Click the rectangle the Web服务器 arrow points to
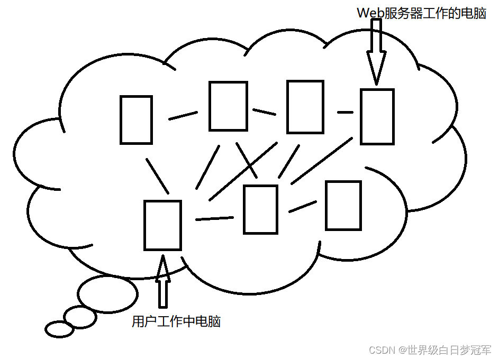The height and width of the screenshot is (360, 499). click(377, 116)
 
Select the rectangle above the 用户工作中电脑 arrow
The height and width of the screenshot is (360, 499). click(162, 225)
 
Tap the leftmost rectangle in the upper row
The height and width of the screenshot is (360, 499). click(136, 119)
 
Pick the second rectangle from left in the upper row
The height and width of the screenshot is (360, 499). click(228, 106)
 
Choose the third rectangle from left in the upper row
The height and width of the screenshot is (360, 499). click(305, 106)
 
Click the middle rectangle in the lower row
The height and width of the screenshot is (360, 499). click(260, 209)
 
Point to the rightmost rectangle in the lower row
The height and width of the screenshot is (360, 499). click(343, 205)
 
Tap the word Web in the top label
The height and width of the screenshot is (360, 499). click(370, 13)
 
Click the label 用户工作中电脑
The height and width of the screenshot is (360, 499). click(176, 321)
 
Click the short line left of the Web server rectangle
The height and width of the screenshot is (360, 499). click(345, 112)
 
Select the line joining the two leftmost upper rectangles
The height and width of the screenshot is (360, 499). click(183, 115)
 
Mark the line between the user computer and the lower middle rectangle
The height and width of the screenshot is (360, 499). click(214, 218)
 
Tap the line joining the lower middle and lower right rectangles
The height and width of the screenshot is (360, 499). click(302, 206)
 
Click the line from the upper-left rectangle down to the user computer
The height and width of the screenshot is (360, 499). click(157, 176)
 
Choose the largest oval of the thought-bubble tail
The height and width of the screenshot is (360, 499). click(108, 293)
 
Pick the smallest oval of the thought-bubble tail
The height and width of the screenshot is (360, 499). click(59, 329)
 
